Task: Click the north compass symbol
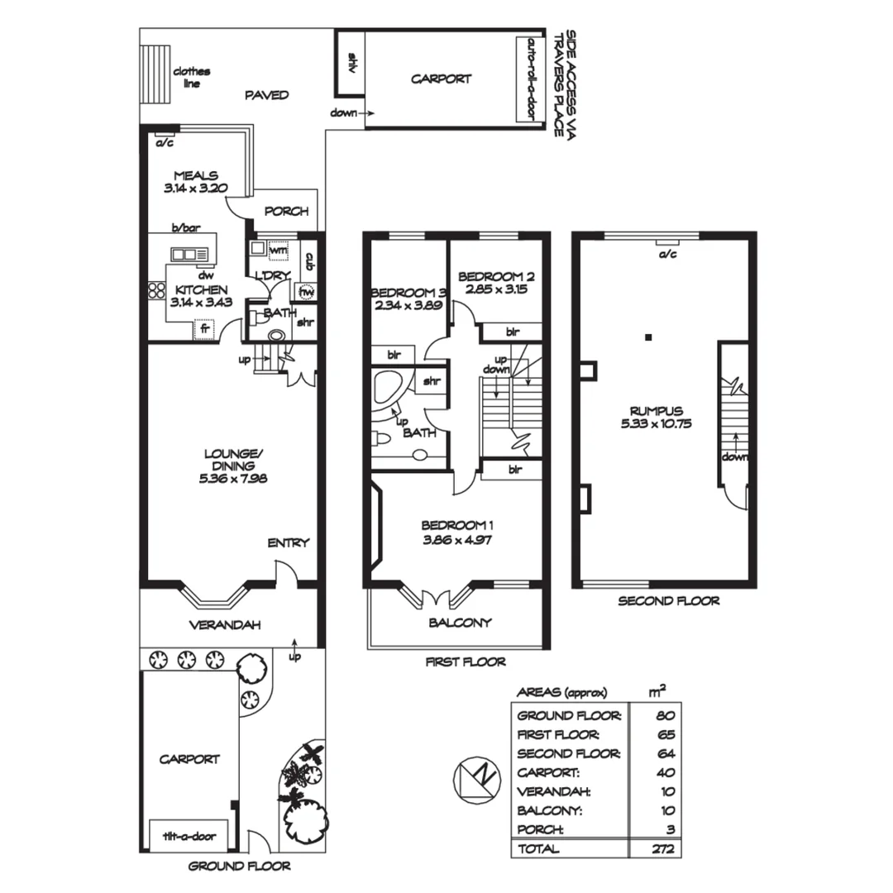[476, 779]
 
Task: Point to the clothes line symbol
[154, 72]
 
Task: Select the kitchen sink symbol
[189, 255]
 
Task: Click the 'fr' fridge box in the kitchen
[203, 329]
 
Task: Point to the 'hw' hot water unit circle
[308, 292]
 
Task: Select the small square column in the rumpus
[649, 337]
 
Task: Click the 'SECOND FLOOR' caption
[668, 601]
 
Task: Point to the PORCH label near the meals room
[286, 212]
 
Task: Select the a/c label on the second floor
[666, 255]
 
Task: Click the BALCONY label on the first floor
[459, 623]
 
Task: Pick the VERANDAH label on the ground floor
[225, 625]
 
